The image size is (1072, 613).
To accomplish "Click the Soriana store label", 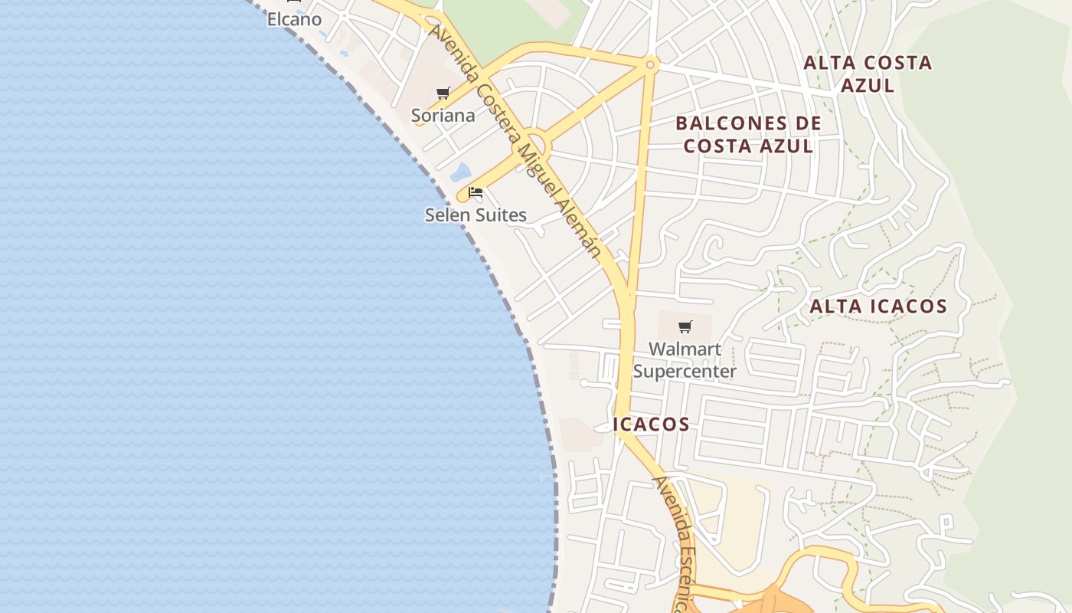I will [x=443, y=116].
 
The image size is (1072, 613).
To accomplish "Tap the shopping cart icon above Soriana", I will [x=443, y=93].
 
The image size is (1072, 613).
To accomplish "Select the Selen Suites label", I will [x=476, y=215].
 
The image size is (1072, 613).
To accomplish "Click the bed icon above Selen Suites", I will [x=476, y=192].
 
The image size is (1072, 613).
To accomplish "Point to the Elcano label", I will [x=294, y=19].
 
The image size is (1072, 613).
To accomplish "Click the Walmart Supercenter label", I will [x=685, y=360].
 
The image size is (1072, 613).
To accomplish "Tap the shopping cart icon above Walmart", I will [x=685, y=327].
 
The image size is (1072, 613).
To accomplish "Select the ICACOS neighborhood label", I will [x=651, y=424].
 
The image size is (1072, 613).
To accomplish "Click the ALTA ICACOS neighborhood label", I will [x=878, y=306].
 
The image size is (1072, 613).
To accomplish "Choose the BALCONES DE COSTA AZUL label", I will [x=748, y=134].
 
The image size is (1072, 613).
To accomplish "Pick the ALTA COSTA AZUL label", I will [x=868, y=74].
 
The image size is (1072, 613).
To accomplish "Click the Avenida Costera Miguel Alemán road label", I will [x=515, y=142].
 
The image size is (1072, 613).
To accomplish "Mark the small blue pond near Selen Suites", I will [x=460, y=172].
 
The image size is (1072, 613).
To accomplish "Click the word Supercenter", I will [x=685, y=372].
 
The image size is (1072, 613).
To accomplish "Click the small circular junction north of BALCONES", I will [x=650, y=65].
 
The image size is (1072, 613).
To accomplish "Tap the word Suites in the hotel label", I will [x=501, y=215].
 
